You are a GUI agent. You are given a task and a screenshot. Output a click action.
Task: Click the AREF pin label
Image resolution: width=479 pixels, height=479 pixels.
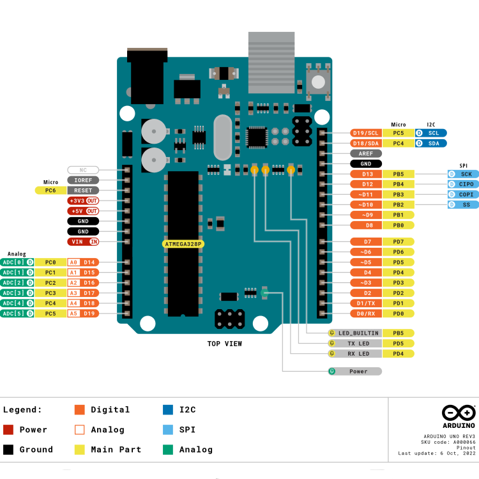[366, 153]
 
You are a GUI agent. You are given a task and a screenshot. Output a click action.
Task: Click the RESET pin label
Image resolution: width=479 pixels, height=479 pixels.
[83, 190]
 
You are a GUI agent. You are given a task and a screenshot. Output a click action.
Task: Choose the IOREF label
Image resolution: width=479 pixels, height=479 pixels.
[83, 180]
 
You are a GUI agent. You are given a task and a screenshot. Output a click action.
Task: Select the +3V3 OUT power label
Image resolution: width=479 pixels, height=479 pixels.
[83, 201]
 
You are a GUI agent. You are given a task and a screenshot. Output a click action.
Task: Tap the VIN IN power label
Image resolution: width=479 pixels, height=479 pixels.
[83, 241]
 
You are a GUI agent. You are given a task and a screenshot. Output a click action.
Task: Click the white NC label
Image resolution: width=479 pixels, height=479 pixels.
[83, 170]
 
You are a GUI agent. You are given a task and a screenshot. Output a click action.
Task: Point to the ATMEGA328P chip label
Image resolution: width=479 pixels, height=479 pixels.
[183, 244]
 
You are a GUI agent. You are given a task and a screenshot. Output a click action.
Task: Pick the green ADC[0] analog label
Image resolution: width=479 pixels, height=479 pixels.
[17, 262]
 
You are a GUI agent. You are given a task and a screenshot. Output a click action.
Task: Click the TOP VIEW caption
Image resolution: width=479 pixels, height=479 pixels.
[224, 344]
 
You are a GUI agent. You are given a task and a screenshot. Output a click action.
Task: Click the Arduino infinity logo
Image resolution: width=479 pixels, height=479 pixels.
[459, 413]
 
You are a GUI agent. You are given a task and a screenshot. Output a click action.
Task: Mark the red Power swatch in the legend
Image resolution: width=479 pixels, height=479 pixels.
[8, 430]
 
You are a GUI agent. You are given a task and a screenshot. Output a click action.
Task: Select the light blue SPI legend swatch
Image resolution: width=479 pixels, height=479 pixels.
[168, 430]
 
